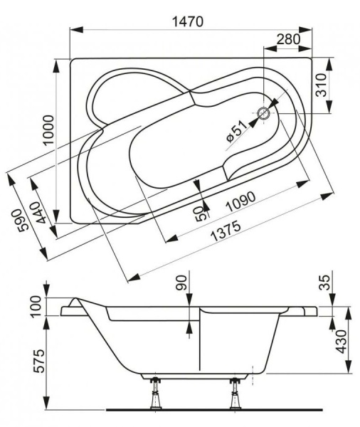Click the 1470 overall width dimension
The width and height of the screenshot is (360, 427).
point(186,21)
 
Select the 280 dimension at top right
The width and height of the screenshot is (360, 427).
point(287,39)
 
